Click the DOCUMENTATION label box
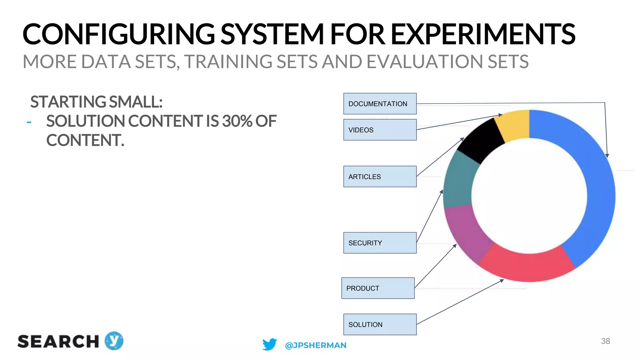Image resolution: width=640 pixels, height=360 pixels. click(x=380, y=103)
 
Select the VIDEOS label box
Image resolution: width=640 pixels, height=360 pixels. click(x=380, y=130)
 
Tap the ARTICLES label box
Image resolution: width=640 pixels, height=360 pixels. click(x=380, y=177)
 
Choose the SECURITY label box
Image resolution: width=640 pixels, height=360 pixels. click(x=380, y=243)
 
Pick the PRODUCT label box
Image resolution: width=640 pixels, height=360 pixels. click(x=378, y=288)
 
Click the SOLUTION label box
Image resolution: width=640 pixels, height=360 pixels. click(x=380, y=324)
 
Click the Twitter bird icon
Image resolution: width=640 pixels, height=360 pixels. click(x=269, y=344)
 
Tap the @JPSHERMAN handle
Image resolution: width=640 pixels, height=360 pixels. click(x=316, y=345)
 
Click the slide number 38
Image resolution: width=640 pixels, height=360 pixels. click(x=605, y=341)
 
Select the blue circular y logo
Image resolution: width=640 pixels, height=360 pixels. click(x=114, y=341)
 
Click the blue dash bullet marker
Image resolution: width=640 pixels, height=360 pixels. click(x=29, y=122)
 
